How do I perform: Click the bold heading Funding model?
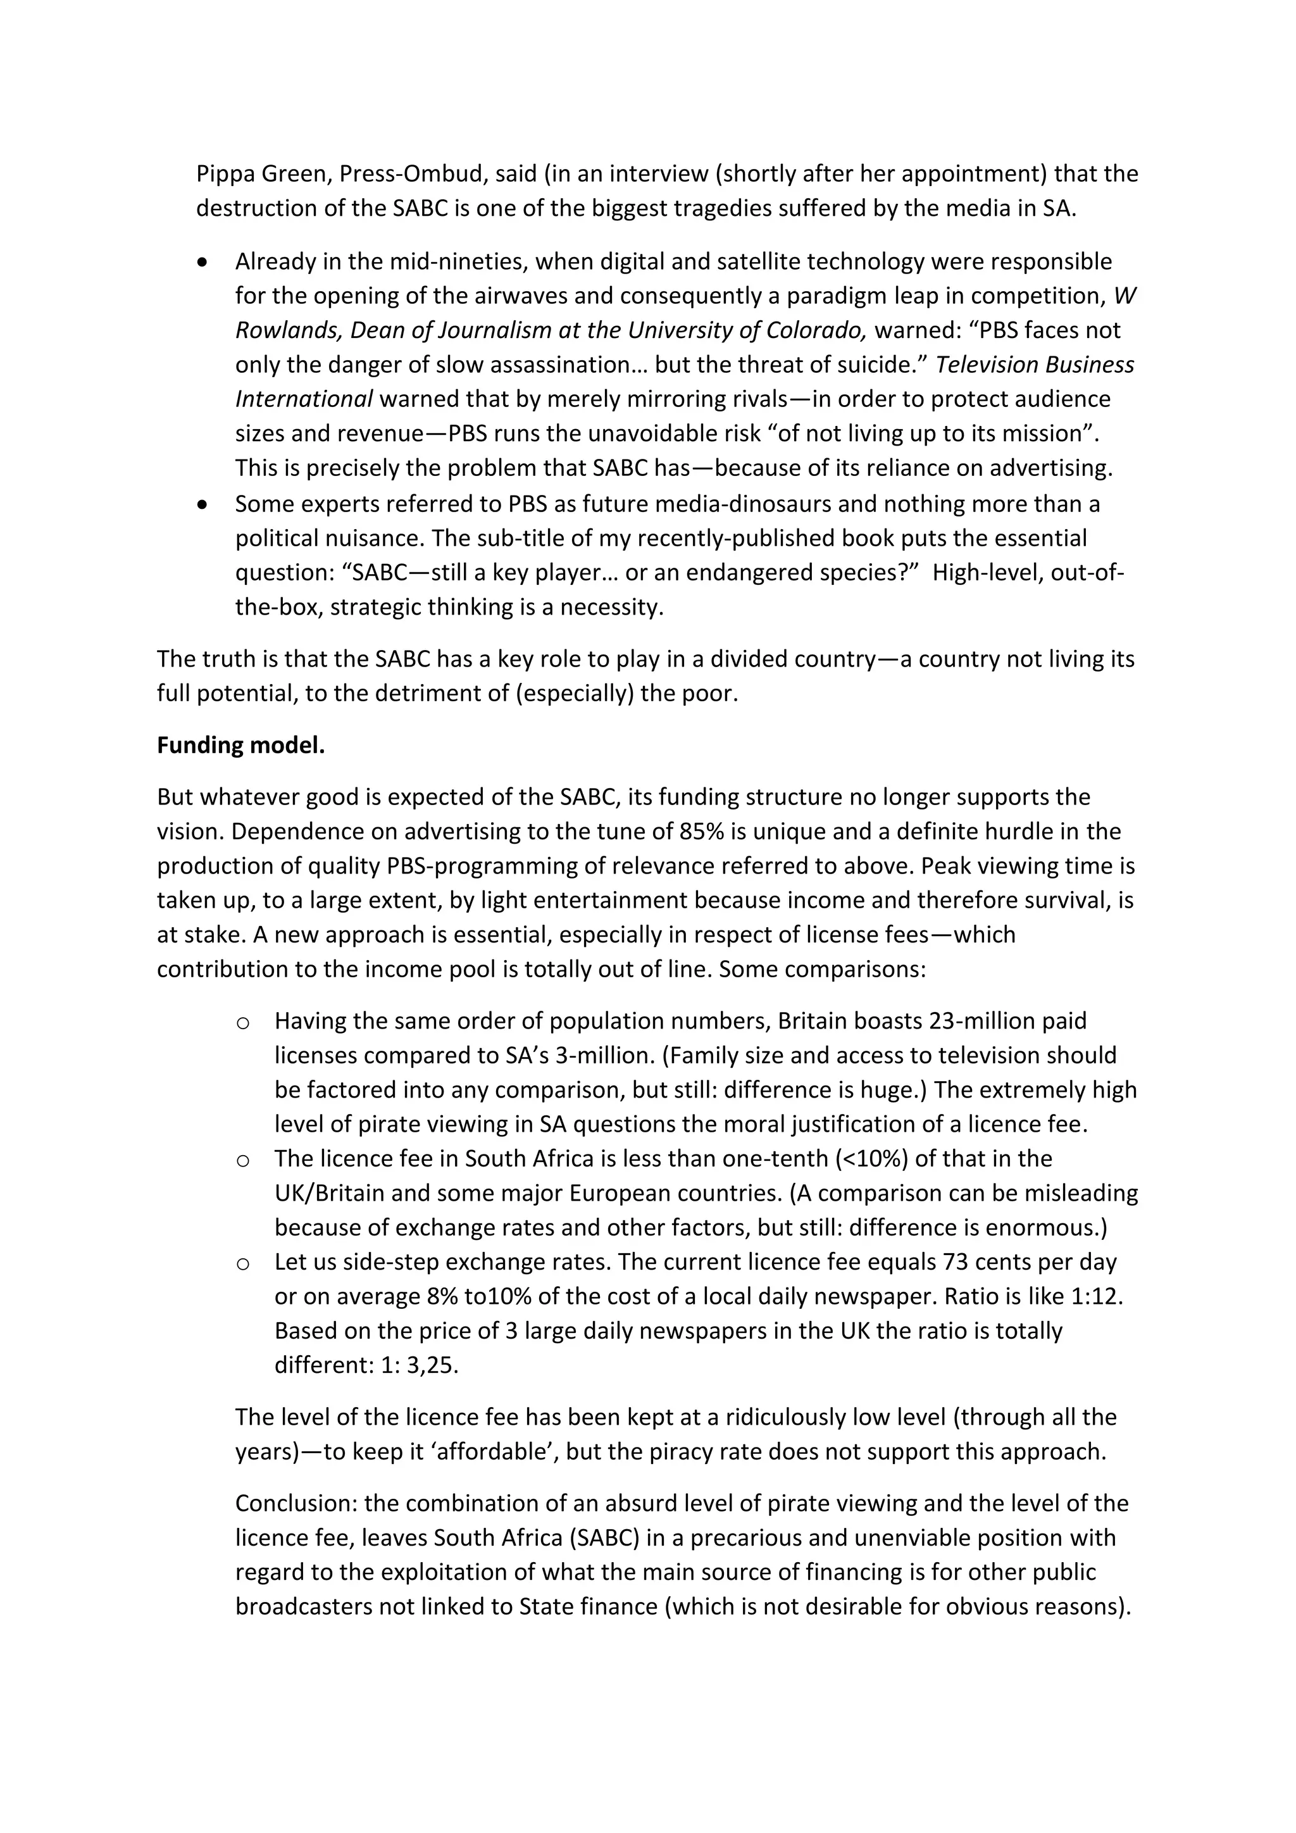(x=240, y=745)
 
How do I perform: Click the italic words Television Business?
(x=1034, y=364)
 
